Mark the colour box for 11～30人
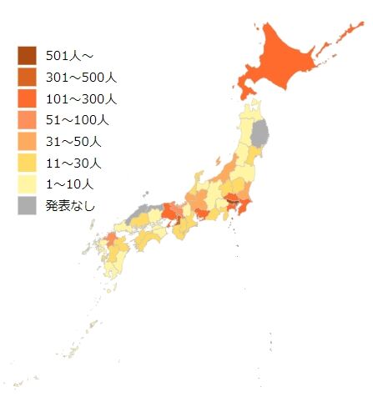click(28, 162)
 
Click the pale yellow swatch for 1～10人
click(28, 183)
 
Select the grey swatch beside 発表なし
click(28, 204)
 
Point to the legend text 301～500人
click(80, 78)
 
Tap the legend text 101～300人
click(80, 98)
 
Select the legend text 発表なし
click(71, 205)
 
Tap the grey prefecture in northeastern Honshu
click(261, 133)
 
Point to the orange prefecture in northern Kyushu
click(111, 240)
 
